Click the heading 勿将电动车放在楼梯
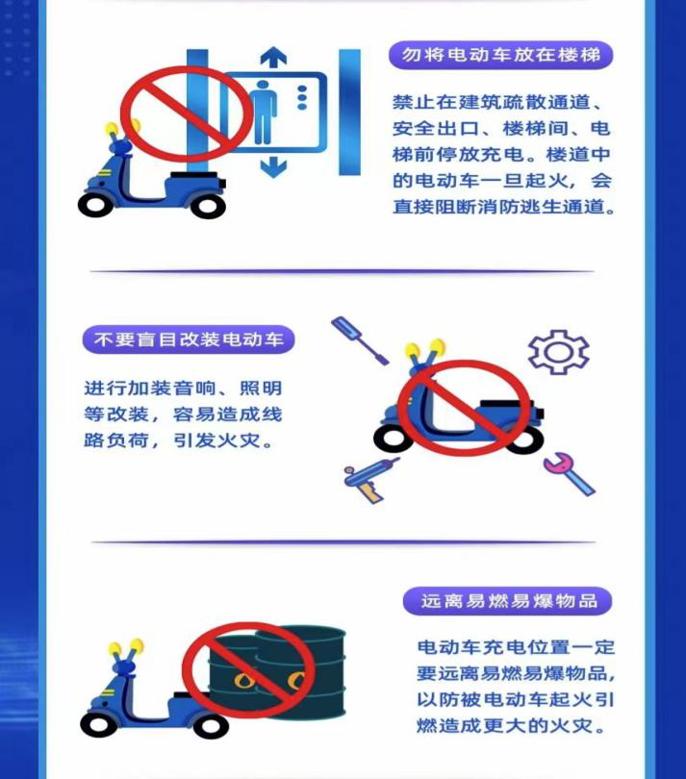pyautogui.click(x=501, y=55)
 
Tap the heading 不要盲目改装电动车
pyautogui.click(x=189, y=339)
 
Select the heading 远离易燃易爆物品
pyautogui.click(x=509, y=601)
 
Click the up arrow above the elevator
pyautogui.click(x=273, y=56)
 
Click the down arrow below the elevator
pyautogui.click(x=273, y=167)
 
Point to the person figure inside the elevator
pyautogui.click(x=264, y=112)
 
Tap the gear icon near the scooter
pyautogui.click(x=558, y=352)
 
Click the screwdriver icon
pyautogui.click(x=361, y=340)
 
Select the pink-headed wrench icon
pyautogui.click(x=570, y=474)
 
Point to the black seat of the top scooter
pyautogui.click(x=194, y=176)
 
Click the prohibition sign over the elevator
pyautogui.click(x=187, y=113)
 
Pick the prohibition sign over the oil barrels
pyautogui.click(x=249, y=669)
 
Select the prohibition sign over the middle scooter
pyautogui.click(x=465, y=409)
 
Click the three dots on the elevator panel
pyautogui.click(x=302, y=97)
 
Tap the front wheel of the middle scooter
pyautogui.click(x=393, y=439)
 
